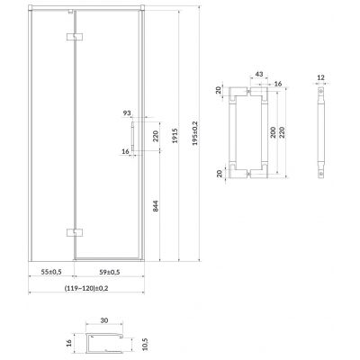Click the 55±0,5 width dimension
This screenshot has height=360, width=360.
click(x=50, y=271)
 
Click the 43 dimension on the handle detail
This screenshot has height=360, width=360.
click(x=258, y=73)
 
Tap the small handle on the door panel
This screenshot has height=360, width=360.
click(x=131, y=139)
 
